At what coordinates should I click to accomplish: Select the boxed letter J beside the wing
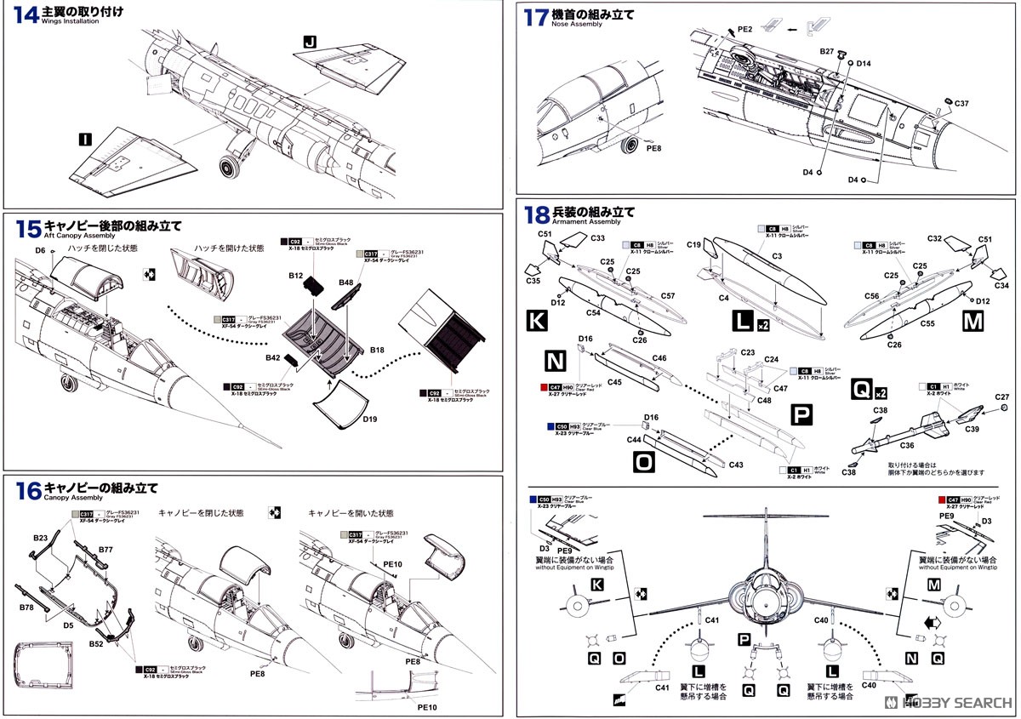pyautogui.click(x=308, y=41)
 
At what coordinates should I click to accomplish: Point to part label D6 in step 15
pyautogui.click(x=40, y=250)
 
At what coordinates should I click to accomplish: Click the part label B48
pyautogui.click(x=346, y=282)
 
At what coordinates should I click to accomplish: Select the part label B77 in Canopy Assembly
pyautogui.click(x=105, y=550)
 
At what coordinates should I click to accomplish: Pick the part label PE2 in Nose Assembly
pyautogui.click(x=744, y=29)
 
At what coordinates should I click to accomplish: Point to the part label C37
pyautogui.click(x=961, y=103)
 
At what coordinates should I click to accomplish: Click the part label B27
pyautogui.click(x=827, y=51)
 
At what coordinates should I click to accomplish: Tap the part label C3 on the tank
pyautogui.click(x=776, y=256)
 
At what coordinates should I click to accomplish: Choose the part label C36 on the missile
pyautogui.click(x=908, y=445)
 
